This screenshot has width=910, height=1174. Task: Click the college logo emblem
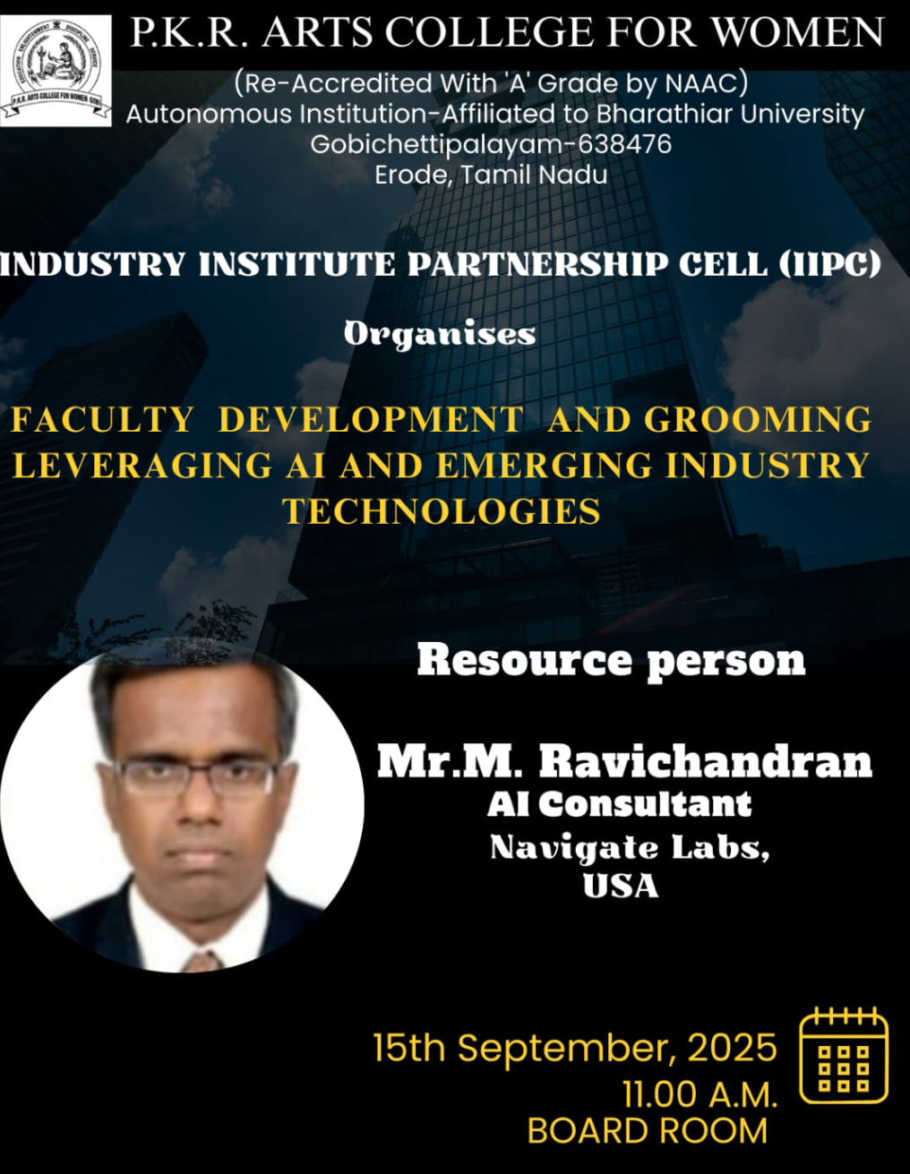(56, 70)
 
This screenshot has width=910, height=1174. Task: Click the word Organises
(440, 335)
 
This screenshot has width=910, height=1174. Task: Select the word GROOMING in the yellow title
(758, 420)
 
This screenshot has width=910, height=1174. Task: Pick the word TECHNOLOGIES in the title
(442, 511)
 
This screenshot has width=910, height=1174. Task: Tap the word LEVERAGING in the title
(142, 465)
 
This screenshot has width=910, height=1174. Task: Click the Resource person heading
(611, 661)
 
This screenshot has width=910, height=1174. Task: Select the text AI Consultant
(619, 805)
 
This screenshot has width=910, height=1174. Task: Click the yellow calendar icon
(844, 1054)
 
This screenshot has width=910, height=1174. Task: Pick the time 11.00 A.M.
(700, 1094)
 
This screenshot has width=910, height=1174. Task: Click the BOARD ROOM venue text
(647, 1131)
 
